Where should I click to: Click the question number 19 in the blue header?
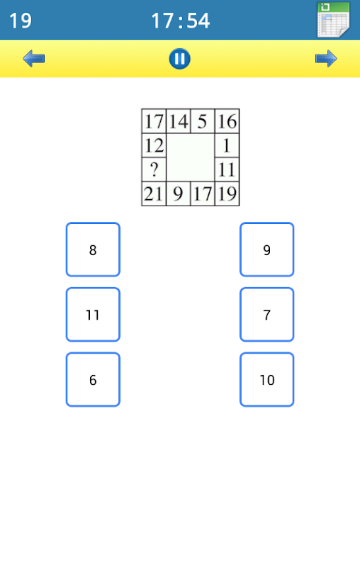click(21, 21)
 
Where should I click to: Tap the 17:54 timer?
click(180, 21)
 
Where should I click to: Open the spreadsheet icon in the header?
click(333, 20)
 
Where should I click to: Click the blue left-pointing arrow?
click(33, 59)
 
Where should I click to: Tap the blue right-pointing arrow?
click(326, 59)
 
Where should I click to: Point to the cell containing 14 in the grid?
click(178, 120)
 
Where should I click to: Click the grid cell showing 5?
click(203, 120)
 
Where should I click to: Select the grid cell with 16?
click(227, 120)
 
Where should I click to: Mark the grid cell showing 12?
click(154, 145)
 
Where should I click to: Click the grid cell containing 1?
click(227, 145)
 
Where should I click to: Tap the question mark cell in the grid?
click(154, 169)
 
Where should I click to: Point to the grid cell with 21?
click(154, 193)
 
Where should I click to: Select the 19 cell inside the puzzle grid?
click(227, 193)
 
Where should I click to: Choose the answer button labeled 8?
click(93, 249)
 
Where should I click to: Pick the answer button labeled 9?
click(266, 249)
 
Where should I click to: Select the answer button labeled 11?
click(93, 315)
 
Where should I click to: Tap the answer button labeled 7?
click(266, 315)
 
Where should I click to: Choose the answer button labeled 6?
click(93, 380)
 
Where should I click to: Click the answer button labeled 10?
click(266, 380)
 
